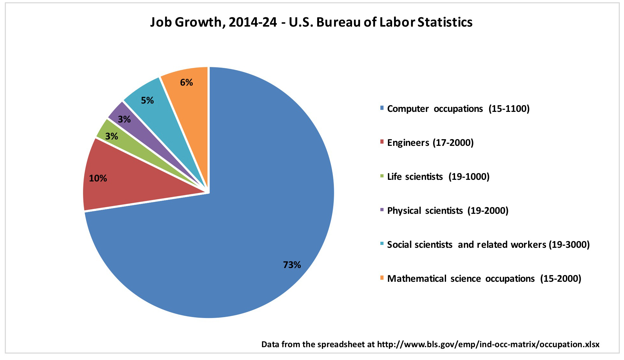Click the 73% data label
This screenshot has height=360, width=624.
tap(292, 265)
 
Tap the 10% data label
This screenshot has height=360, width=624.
tap(98, 178)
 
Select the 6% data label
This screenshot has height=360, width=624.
tap(186, 83)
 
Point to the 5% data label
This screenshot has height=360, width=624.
tap(147, 101)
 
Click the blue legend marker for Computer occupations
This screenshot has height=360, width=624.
tap(382, 108)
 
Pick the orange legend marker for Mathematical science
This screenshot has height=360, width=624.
tap(382, 278)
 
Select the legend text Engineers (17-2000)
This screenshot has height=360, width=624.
tap(430, 143)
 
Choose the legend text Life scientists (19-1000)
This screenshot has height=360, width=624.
tap(438, 177)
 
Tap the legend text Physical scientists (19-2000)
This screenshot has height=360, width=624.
tap(448, 211)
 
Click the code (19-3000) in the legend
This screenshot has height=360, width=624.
tap(569, 245)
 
